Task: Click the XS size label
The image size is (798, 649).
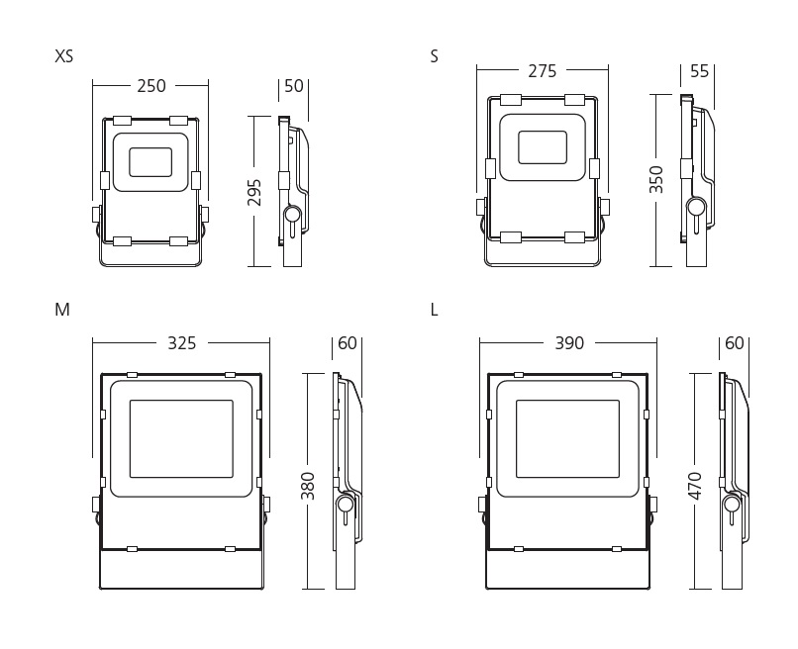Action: point(64,56)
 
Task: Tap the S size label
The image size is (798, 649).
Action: point(434,56)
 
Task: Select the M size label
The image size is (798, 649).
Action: point(62,310)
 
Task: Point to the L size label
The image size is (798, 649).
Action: point(434,310)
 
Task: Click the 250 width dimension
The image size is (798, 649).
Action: point(151,86)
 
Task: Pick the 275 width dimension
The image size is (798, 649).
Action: point(542,71)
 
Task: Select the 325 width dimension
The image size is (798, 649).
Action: point(182,343)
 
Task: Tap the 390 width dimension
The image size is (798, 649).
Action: point(569,343)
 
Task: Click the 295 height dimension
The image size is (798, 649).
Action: point(254,192)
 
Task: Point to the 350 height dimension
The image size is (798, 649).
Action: point(656,179)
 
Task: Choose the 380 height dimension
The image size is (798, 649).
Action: point(308,486)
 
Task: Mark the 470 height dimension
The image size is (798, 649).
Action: point(695,486)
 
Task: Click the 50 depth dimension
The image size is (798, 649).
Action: point(294,86)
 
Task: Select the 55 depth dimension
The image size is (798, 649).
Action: point(699,71)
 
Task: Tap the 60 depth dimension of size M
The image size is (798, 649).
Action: point(348,343)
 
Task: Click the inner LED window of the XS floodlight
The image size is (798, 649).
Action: point(150,163)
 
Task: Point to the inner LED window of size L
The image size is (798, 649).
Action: point(568,439)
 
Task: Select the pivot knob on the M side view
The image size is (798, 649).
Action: point(346,505)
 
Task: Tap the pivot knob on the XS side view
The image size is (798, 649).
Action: point(292,214)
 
